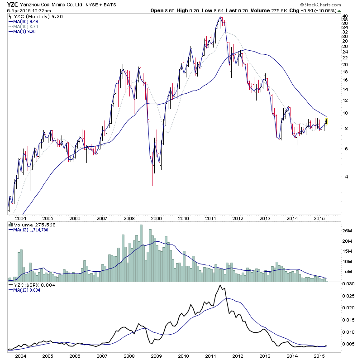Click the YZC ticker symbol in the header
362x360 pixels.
pyautogui.click(x=12, y=5)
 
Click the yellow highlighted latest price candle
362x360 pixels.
pyautogui.click(x=327, y=121)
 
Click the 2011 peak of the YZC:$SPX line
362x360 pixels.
pyautogui.click(x=220, y=285)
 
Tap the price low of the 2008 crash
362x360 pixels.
pyautogui.click(x=151, y=185)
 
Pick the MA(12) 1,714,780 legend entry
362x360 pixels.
pyautogui.click(x=29, y=230)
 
